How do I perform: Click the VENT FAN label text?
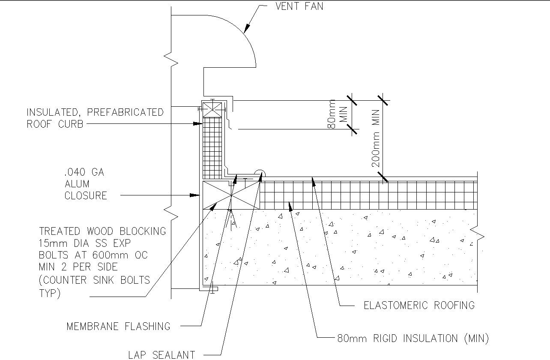pyautogui.click(x=299, y=7)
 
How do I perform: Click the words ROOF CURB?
pyautogui.click(x=55, y=124)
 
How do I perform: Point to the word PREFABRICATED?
pyautogui.click(x=125, y=112)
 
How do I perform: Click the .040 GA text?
pyautogui.click(x=84, y=172)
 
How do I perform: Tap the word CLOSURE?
pyautogui.click(x=86, y=195)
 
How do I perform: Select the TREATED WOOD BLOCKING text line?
pyautogui.click(x=102, y=231)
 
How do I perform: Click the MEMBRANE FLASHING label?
pyautogui.click(x=118, y=327)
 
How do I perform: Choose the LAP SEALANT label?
pyautogui.click(x=161, y=354)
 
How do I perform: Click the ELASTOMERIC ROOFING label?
pyautogui.click(x=419, y=305)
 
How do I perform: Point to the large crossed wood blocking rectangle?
pyautogui.click(x=231, y=195)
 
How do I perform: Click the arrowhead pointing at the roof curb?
pyautogui.click(x=198, y=124)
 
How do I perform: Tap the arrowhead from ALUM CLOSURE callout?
pyautogui.click(x=197, y=195)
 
